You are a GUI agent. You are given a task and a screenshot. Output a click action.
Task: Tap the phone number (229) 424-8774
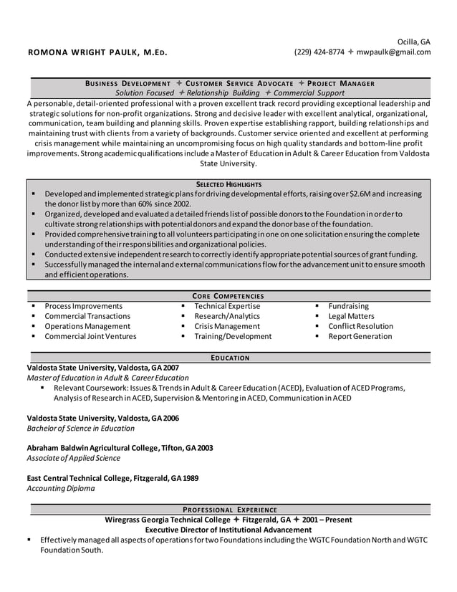[319, 52]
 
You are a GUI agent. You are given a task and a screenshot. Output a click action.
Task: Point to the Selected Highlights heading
[228, 184]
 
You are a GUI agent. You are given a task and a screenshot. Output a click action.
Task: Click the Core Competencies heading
[228, 295]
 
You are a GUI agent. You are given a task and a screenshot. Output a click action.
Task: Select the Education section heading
[229, 357]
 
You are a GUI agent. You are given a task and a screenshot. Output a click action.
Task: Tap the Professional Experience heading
[229, 509]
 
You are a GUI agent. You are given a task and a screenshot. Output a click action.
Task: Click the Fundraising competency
[348, 306]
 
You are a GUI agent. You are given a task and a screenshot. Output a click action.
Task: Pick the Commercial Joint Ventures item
[90, 336]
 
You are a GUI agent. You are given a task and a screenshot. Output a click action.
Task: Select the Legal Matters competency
[351, 316]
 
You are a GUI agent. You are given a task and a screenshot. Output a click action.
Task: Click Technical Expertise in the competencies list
[227, 306]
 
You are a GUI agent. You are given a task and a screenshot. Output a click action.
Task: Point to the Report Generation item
[360, 336]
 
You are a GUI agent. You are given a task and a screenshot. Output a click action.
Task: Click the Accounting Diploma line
[60, 489]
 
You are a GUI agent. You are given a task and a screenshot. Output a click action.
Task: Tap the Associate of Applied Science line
[73, 458]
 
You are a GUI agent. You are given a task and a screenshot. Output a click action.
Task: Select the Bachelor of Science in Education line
[80, 428]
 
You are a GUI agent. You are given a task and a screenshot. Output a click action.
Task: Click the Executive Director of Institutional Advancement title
[228, 530]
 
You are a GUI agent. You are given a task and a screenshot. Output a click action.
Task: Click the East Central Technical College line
[112, 478]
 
